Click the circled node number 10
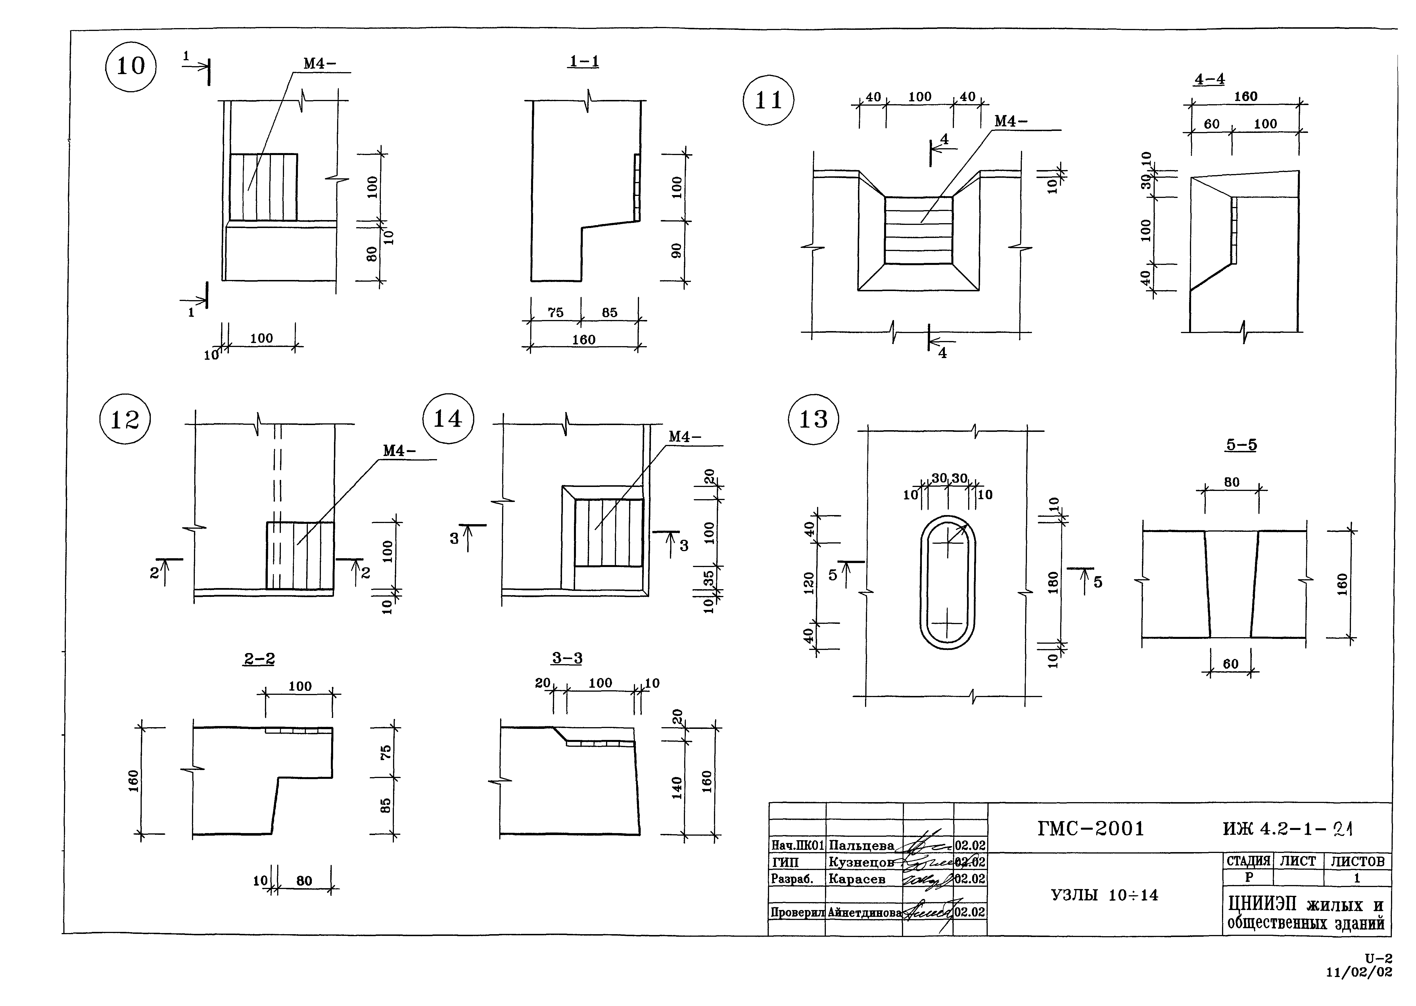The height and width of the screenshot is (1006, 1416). pos(131,66)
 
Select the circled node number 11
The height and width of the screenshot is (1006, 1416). pos(768,100)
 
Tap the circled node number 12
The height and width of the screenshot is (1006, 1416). pos(124,419)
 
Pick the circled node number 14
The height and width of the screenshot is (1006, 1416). pos(448,419)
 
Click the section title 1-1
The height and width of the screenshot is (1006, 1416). pos(584,61)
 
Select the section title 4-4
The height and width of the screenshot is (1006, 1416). pos(1209,79)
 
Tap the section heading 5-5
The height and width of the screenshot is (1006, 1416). pos(1241,445)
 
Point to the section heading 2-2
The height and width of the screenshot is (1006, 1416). pos(259,658)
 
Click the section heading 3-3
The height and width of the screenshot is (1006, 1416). pos(567,658)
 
